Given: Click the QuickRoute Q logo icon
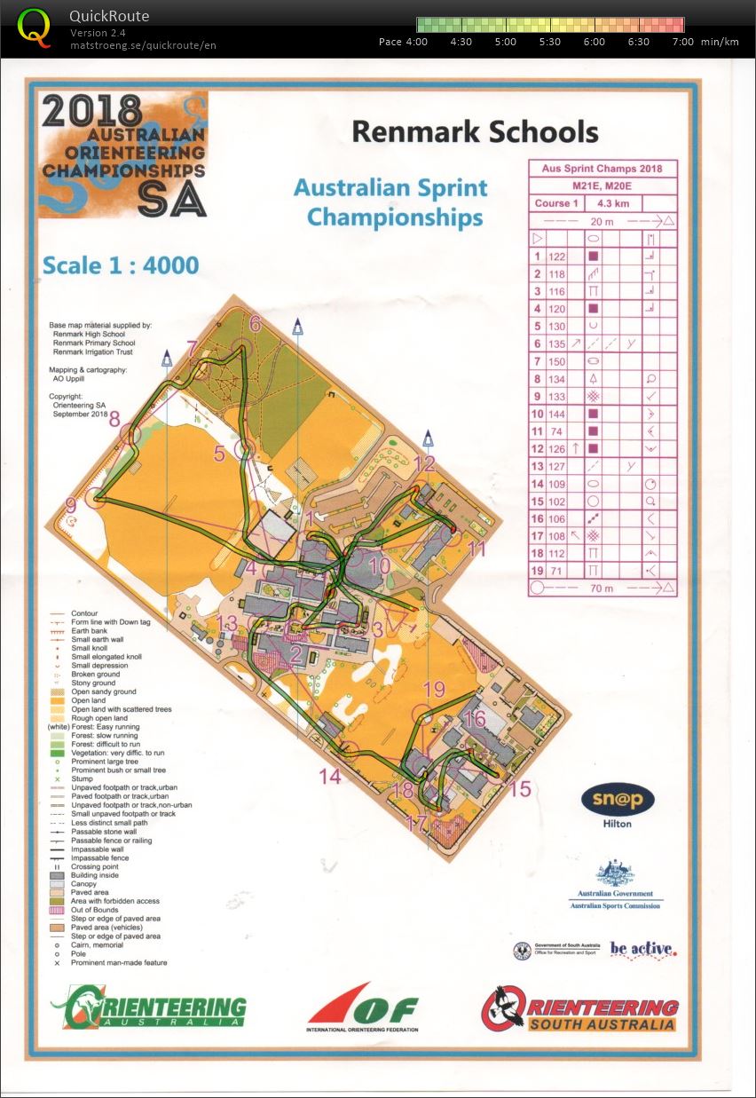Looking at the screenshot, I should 35,27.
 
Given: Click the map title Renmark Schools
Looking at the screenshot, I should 475,132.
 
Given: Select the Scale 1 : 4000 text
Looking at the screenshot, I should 121,265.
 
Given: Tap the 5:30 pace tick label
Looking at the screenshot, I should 550,42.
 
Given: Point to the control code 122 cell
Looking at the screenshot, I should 556,256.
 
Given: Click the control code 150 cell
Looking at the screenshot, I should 556,361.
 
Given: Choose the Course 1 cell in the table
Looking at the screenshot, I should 556,203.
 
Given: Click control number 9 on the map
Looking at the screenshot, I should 72,505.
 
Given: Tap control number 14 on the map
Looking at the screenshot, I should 330,776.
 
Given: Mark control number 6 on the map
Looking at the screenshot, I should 256,324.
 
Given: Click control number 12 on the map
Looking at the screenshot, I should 425,462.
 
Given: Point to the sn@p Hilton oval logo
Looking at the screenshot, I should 618,802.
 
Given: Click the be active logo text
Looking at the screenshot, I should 643,948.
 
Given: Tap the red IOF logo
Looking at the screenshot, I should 363,1007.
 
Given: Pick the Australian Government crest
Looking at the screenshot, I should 615,874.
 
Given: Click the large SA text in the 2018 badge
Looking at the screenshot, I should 173,201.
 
